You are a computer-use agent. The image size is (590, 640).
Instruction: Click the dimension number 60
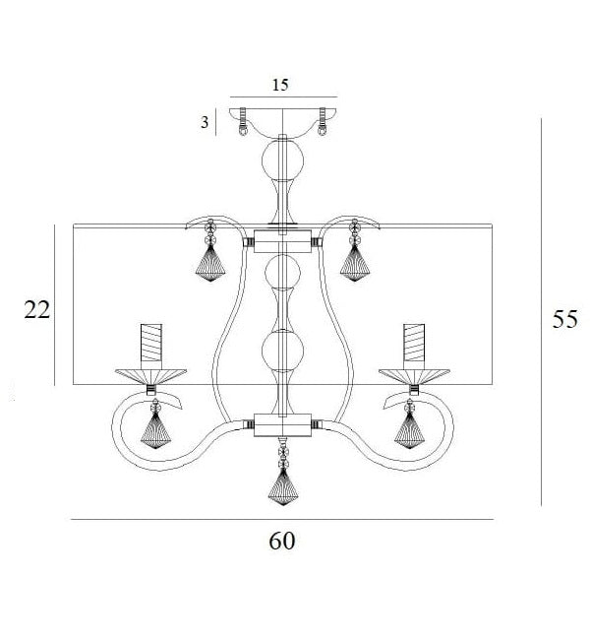(x=282, y=541)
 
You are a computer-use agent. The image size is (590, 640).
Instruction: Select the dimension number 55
(x=564, y=319)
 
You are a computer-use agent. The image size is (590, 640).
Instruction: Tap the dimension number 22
(x=36, y=309)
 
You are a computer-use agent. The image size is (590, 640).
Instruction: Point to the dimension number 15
(x=280, y=85)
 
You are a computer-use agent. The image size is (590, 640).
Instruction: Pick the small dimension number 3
(x=205, y=122)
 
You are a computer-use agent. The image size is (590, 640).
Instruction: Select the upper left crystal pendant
(x=210, y=250)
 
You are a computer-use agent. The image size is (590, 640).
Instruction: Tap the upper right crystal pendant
(x=355, y=250)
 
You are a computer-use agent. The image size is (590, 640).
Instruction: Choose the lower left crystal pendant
(x=155, y=423)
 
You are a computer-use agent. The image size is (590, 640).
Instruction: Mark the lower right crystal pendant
(x=409, y=423)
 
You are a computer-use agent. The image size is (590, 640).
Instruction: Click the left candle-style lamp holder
(x=151, y=343)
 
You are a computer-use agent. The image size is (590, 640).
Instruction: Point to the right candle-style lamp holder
(x=414, y=343)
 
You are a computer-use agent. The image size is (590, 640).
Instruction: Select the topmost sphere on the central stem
(x=282, y=160)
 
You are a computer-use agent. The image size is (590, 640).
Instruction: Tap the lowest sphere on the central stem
(x=282, y=352)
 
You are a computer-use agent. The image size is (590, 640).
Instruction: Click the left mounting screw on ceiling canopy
(x=243, y=122)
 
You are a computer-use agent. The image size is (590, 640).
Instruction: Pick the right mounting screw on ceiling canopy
(x=323, y=122)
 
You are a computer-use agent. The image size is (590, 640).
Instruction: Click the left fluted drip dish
(x=150, y=376)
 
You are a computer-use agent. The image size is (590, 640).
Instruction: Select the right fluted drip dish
(x=414, y=376)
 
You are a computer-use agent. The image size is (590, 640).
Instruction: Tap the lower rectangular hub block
(x=282, y=425)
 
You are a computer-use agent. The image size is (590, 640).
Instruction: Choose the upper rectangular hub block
(x=282, y=241)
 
